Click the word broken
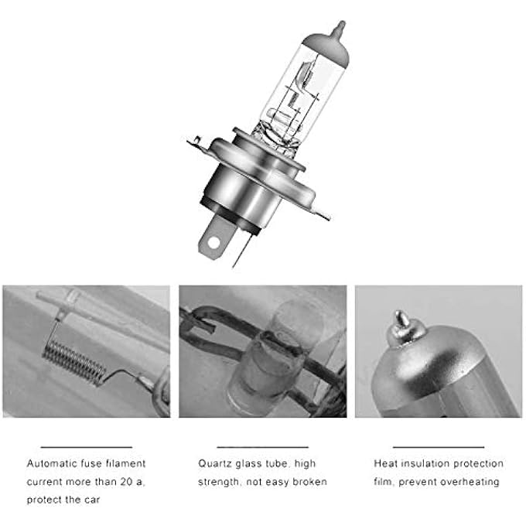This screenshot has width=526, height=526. coord(310,482)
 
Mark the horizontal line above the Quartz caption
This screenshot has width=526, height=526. coord(263,446)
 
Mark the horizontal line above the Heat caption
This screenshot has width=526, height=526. coord(438,446)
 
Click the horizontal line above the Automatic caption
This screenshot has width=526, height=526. coord(87,446)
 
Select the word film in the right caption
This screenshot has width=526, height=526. coord(384,482)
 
